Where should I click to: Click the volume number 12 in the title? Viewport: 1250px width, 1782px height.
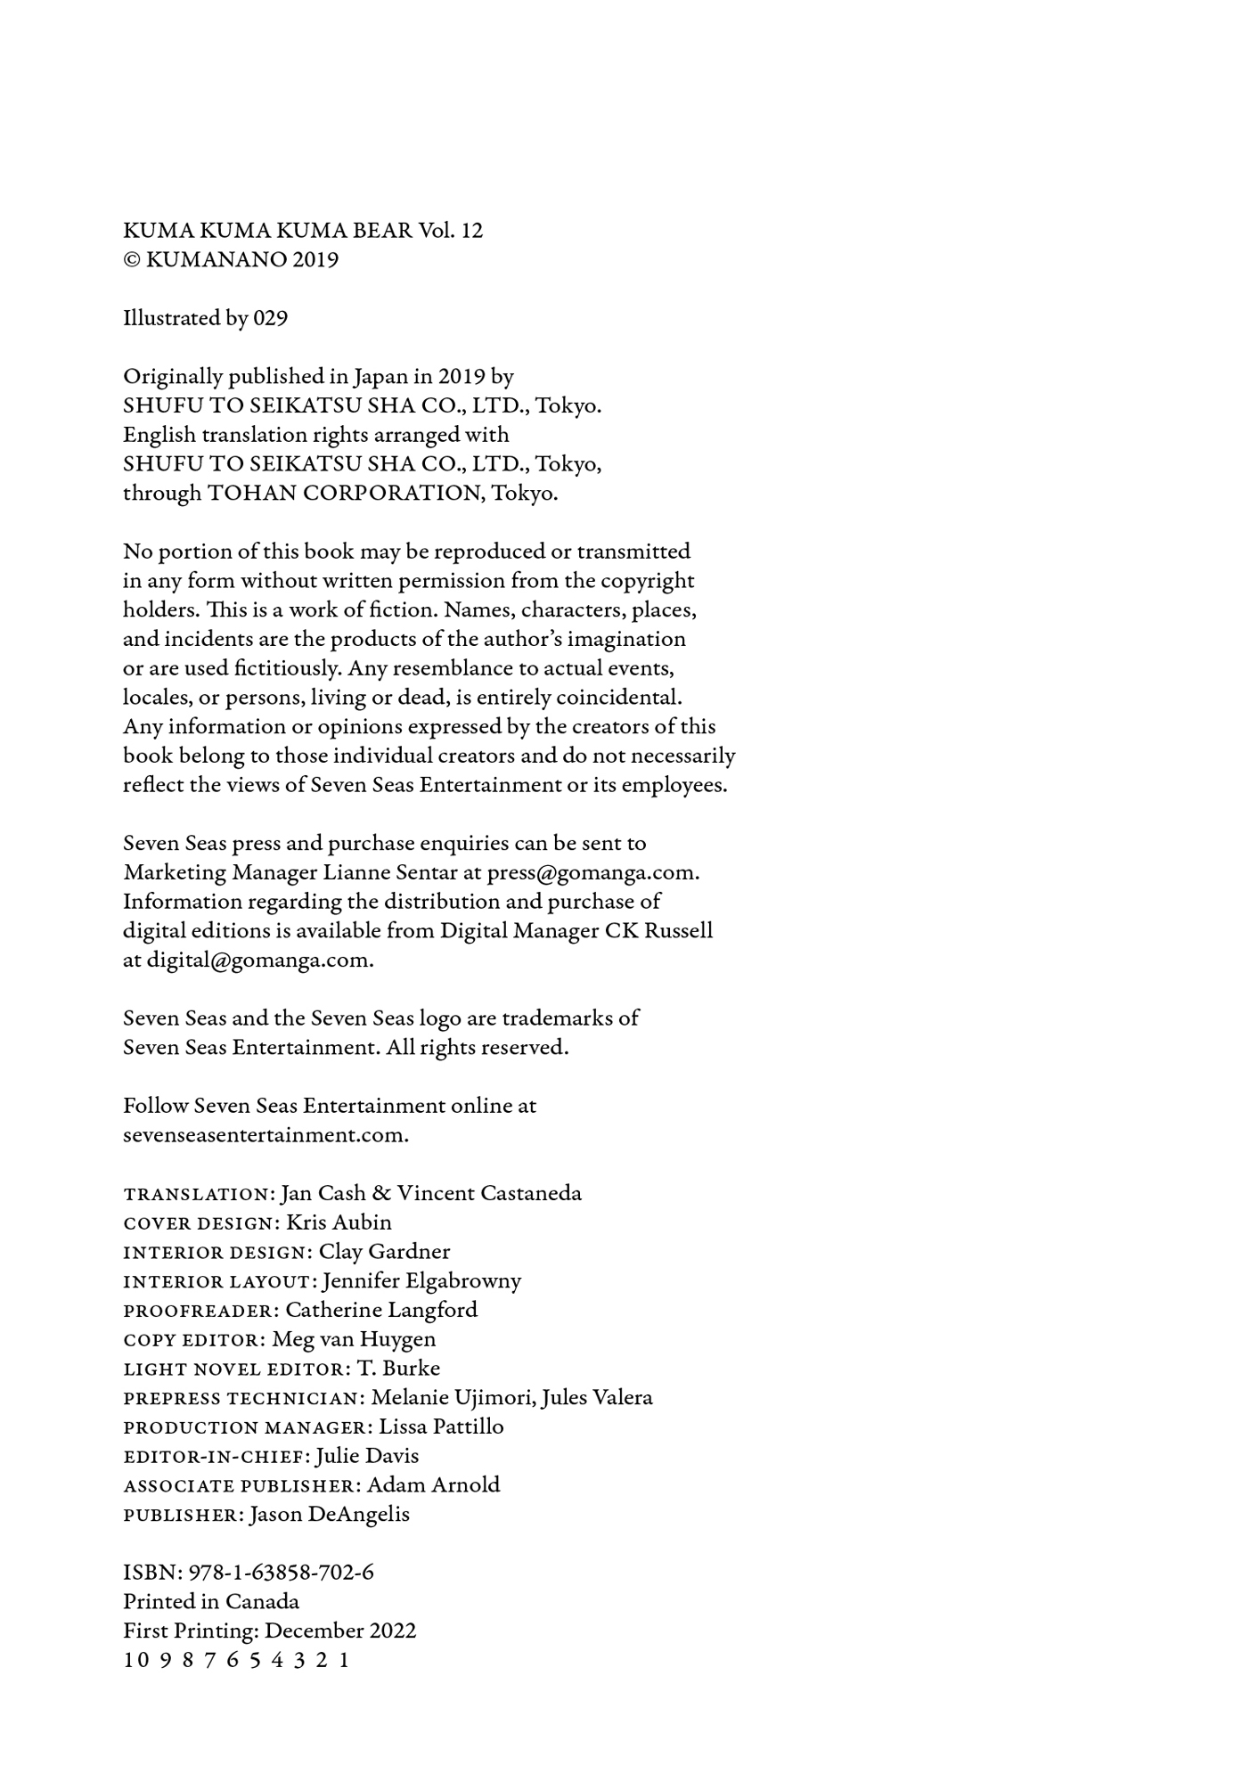(x=472, y=231)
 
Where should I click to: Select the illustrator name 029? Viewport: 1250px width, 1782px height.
(x=270, y=318)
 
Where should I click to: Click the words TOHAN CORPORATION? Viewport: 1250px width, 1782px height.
(x=346, y=494)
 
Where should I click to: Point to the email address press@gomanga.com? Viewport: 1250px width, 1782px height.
(x=592, y=872)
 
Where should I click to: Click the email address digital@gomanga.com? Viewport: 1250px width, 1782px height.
(x=258, y=960)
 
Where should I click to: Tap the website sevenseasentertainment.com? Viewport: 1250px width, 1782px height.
(x=266, y=1135)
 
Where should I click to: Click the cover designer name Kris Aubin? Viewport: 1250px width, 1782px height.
(x=339, y=1222)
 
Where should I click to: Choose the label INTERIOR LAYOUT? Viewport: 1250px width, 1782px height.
(x=218, y=1282)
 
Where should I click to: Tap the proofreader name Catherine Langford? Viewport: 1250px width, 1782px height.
(x=381, y=1310)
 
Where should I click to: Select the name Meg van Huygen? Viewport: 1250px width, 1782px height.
(x=354, y=1339)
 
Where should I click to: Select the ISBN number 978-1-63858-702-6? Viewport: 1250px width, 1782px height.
(x=282, y=1573)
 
